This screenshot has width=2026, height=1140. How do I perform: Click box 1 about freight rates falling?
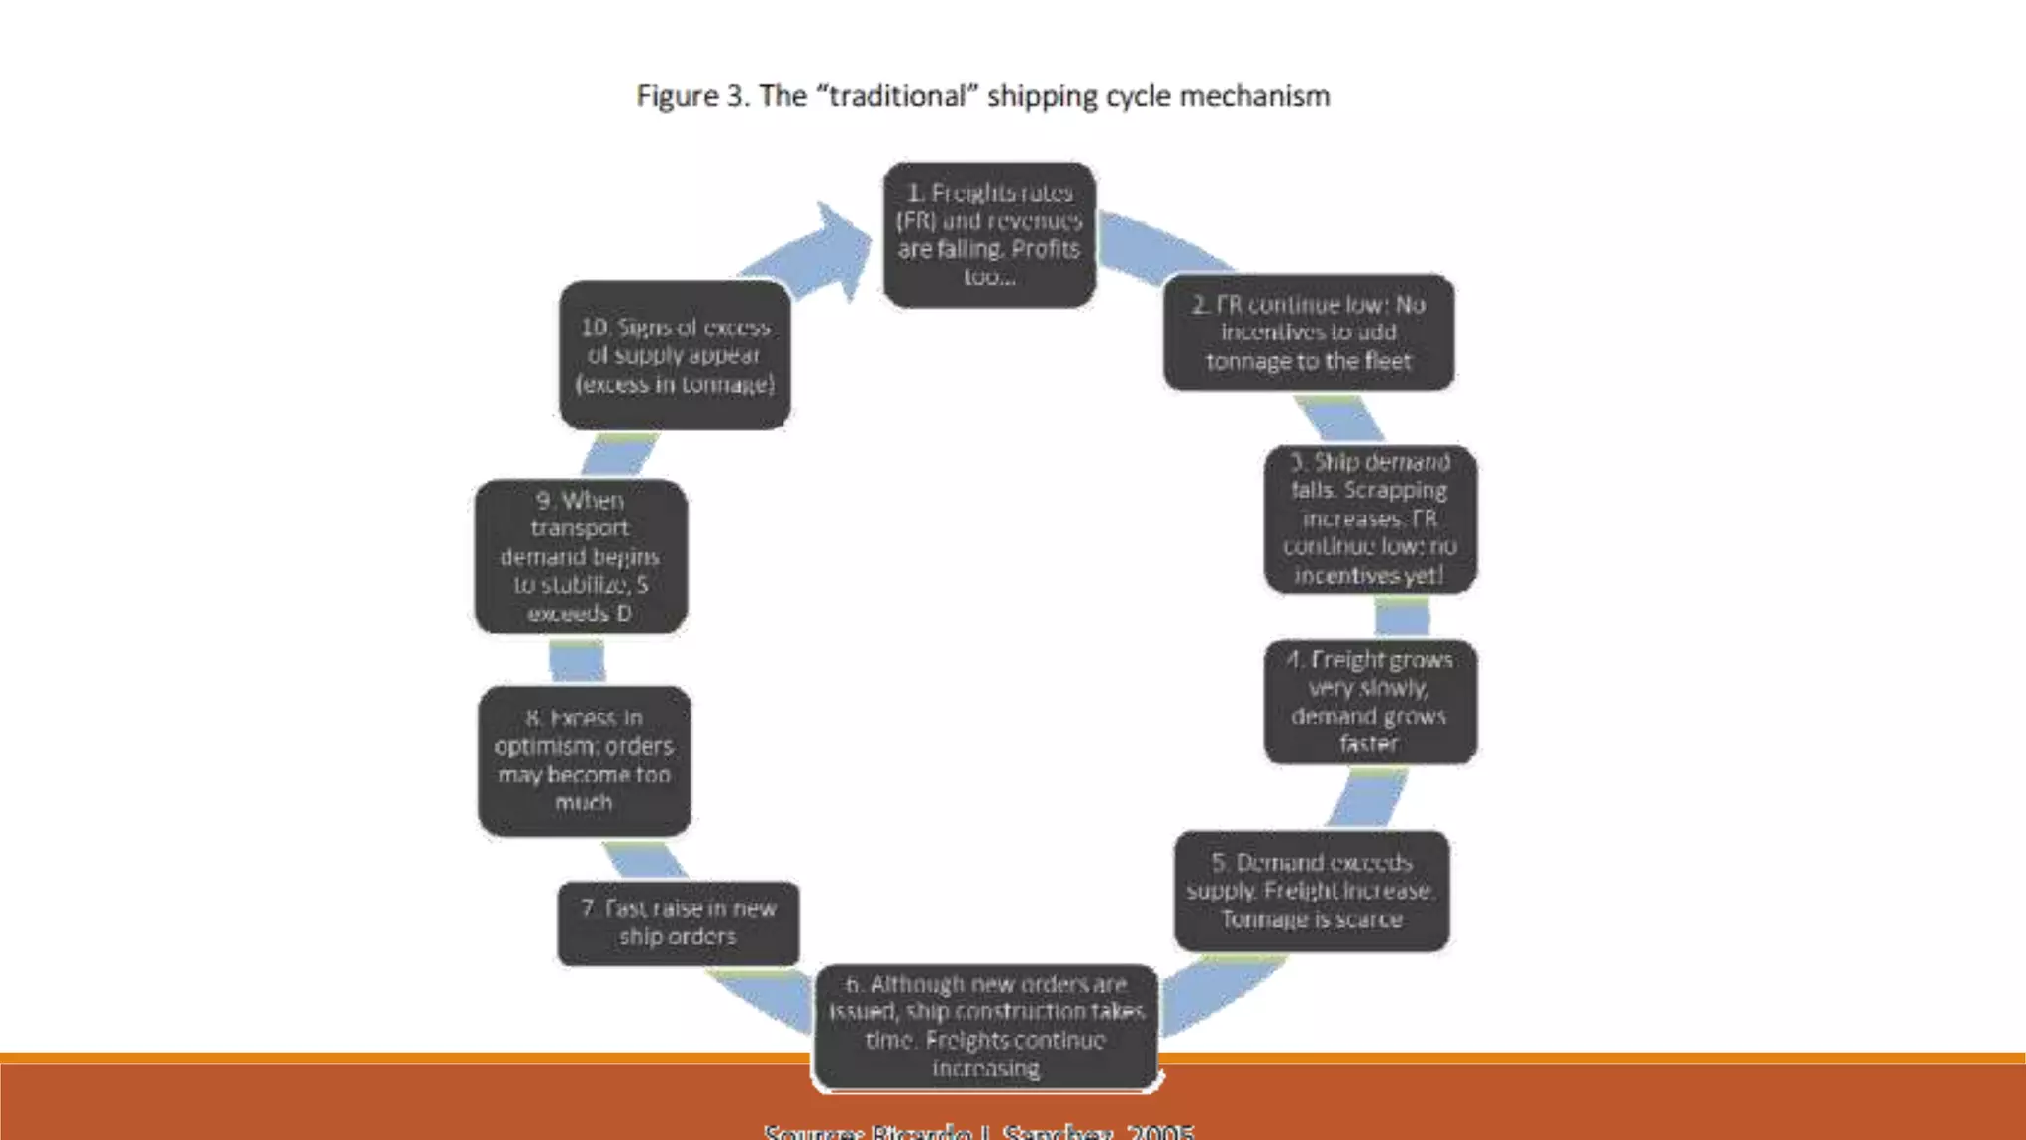pos(989,235)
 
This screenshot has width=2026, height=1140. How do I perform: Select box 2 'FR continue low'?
pos(1308,332)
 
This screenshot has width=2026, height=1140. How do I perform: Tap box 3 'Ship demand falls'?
pos(1370,519)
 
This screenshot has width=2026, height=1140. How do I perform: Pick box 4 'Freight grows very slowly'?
pos(1370,702)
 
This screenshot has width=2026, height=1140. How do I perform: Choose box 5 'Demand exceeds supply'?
pos(1311,891)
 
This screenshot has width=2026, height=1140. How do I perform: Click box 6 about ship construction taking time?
pos(985,1026)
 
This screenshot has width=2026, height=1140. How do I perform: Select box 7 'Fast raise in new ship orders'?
pos(678,922)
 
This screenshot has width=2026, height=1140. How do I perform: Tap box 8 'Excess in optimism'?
pos(584,760)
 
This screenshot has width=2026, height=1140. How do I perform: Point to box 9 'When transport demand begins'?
pos(581,556)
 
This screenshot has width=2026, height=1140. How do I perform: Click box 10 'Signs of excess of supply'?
pos(675,355)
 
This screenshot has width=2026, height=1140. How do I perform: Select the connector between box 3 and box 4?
pos(1401,617)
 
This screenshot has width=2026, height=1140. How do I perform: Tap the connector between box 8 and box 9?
pos(578,660)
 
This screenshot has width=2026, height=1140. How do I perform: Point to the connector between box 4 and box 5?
pos(1369,798)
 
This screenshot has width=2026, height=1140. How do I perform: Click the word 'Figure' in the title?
pos(678,96)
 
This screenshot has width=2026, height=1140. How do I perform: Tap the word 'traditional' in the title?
pos(896,96)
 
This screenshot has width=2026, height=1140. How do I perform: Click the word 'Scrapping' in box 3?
pos(1395,490)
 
